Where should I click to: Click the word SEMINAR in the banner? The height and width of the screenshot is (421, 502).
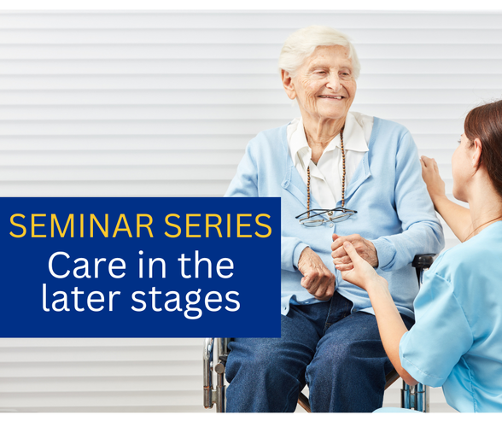82,225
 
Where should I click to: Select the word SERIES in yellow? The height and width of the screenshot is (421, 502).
218,225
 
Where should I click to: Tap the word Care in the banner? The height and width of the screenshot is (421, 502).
87,266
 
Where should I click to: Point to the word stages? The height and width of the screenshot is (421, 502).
186,301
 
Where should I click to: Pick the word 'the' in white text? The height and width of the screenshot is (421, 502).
207,265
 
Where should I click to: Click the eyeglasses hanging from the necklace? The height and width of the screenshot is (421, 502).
326,217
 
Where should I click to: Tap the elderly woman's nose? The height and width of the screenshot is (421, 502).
334,83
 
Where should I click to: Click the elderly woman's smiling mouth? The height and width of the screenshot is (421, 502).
332,97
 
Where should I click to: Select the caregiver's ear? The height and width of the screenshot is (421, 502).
476,149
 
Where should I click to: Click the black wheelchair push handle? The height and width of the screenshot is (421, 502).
423,262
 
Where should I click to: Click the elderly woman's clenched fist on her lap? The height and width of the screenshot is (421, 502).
316,275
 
